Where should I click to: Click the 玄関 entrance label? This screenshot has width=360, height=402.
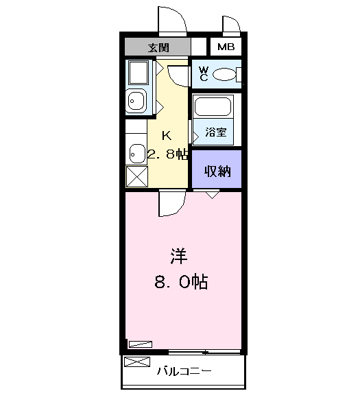tap(158, 47)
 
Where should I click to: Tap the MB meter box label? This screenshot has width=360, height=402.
tap(226, 47)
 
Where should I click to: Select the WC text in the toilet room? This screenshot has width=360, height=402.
tap(204, 74)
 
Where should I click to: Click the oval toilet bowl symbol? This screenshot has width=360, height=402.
tap(224, 74)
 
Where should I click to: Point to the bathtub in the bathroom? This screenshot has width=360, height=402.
tap(213, 106)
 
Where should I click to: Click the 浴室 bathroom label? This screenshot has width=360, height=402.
tap(216, 132)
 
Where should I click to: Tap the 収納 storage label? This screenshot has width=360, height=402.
tap(217, 172)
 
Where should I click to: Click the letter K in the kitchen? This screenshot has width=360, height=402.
tap(167, 135)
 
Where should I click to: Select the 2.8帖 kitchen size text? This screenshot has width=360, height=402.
tap(167, 154)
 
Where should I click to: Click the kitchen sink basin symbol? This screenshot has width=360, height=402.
tap(137, 154)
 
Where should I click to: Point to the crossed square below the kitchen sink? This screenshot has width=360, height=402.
tap(137, 176)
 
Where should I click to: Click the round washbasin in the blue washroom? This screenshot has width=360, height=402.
tap(136, 101)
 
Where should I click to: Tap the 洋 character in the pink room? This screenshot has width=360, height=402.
tap(179, 256)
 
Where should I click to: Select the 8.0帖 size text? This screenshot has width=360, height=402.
tap(181, 282)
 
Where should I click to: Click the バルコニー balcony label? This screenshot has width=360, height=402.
tap(184, 371)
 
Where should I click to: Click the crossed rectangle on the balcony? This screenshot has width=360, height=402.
tap(137, 362)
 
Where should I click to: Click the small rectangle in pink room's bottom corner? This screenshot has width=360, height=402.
tap(141, 344)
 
